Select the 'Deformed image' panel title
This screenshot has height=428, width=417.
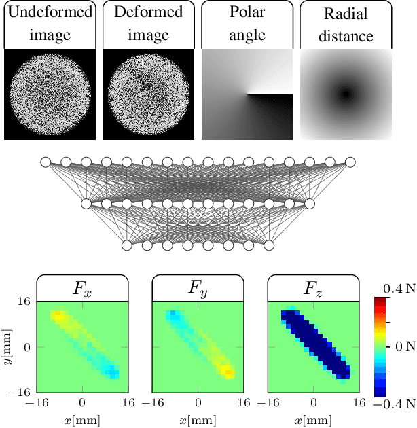(x=148, y=24)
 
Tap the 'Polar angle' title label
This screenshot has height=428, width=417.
(x=247, y=24)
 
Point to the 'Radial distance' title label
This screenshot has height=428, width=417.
(x=346, y=24)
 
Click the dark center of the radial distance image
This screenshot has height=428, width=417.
(x=346, y=94)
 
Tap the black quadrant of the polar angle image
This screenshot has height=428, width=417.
(x=270, y=117)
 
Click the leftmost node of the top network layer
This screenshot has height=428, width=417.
(x=46, y=162)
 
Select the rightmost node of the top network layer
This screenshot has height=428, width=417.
(x=350, y=162)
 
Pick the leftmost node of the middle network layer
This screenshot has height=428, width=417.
(x=86, y=203)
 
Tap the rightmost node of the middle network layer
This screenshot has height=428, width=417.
(x=310, y=203)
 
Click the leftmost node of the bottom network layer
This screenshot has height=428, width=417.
(x=127, y=245)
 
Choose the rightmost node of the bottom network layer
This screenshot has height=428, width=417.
(x=269, y=245)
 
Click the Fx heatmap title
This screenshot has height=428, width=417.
(x=82, y=289)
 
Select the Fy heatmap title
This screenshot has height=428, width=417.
(x=198, y=289)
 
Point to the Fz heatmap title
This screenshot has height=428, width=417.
(x=313, y=289)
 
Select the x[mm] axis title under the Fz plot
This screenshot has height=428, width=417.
(x=313, y=421)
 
